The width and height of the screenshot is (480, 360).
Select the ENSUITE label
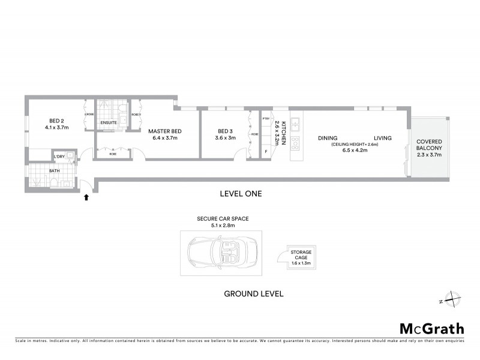coord(109,124)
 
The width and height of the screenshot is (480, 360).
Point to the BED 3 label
coord(224,131)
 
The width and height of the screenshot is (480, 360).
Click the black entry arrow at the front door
coord(86,196)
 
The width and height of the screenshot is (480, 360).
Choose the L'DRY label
coord(59,157)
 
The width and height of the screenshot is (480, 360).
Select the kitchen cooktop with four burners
coord(295,143)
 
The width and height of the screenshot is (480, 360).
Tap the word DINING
coord(328,138)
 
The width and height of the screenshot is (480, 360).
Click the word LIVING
coord(382,138)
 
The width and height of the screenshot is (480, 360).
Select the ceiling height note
coord(351,145)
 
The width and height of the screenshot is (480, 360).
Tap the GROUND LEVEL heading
coord(253,294)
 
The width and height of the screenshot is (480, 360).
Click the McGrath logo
coord(431,328)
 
